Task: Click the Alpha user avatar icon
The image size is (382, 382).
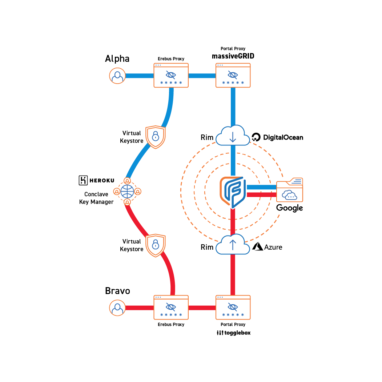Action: pyautogui.click(x=117, y=76)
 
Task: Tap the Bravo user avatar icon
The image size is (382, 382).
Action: pyautogui.click(x=117, y=308)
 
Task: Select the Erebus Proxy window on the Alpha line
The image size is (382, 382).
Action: pyautogui.click(x=171, y=76)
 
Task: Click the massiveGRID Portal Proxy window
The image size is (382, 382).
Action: pyautogui.click(x=233, y=76)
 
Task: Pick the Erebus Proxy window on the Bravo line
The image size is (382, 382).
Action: pyautogui.click(x=171, y=307)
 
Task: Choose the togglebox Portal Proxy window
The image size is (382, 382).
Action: pyautogui.click(x=233, y=307)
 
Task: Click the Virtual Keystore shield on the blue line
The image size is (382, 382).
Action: pyautogui.click(x=156, y=137)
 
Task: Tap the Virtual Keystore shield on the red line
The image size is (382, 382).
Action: pyautogui.click(x=156, y=245)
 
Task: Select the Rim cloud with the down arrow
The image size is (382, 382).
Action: pyautogui.click(x=233, y=136)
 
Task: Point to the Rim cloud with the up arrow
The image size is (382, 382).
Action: pyautogui.click(x=233, y=245)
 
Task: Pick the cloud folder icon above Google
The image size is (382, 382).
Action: pyautogui.click(x=290, y=190)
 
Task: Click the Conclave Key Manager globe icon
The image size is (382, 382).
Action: pyautogui.click(x=127, y=191)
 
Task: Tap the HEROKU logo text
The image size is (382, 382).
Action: pyautogui.click(x=97, y=180)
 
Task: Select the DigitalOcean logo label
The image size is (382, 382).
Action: pyautogui.click(x=277, y=137)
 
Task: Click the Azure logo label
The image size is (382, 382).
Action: pyautogui.click(x=268, y=247)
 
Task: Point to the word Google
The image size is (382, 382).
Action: pyautogui.click(x=289, y=208)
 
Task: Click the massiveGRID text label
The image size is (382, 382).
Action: pyautogui.click(x=233, y=56)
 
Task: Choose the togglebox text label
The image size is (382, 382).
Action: pyautogui.click(x=234, y=333)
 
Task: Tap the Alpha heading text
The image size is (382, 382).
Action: pyautogui.click(x=117, y=59)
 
